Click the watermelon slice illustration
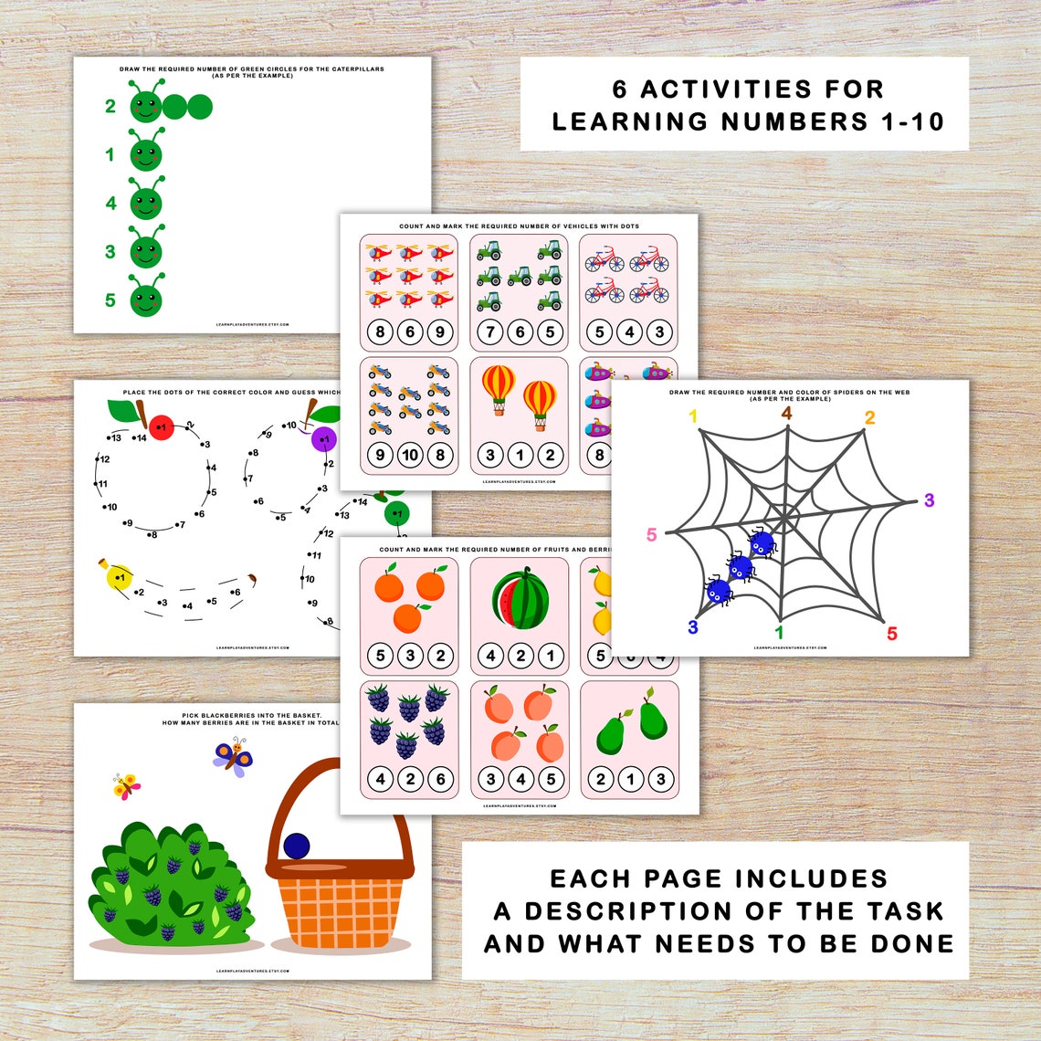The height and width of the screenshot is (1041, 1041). coord(520,600)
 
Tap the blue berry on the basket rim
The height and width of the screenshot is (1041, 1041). coord(297,846)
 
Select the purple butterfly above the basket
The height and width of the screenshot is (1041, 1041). coord(234,757)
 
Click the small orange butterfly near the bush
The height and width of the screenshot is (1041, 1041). coord(126,785)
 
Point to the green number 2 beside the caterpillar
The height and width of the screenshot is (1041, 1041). coord(110,107)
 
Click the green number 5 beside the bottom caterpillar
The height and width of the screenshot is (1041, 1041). coord(110,300)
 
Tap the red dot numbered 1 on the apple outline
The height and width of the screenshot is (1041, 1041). coord(161,426)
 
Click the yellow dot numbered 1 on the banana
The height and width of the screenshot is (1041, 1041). coord(118,577)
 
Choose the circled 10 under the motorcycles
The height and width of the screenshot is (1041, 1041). coord(410,455)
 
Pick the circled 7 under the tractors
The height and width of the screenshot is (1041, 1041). coord(490,332)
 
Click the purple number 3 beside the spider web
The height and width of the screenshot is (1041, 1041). coord(930,500)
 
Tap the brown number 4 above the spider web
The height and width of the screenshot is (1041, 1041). coord(787,413)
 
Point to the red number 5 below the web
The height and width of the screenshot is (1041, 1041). coord(891,634)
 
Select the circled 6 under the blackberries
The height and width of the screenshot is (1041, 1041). coord(440,779)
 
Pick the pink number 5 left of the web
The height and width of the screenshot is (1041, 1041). coord(651,535)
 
